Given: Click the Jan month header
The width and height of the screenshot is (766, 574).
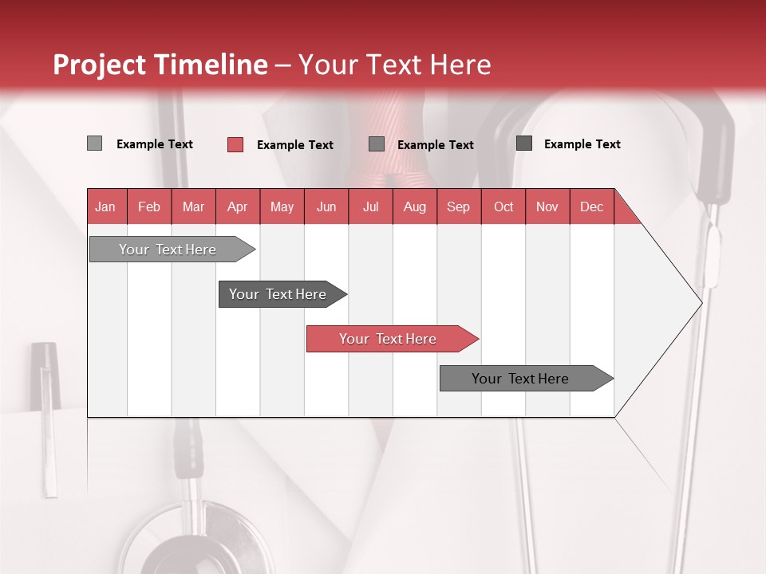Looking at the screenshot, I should (105, 206).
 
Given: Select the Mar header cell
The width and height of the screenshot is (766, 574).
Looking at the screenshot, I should (193, 206).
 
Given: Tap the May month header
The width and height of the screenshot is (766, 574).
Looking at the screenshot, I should (282, 206).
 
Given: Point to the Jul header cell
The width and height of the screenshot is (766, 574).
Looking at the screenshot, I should (370, 206).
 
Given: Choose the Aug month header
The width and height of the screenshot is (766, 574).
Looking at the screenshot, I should (414, 206).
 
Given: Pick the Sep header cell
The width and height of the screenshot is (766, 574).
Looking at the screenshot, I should (458, 206).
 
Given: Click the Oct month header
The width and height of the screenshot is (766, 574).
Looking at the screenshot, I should (503, 206).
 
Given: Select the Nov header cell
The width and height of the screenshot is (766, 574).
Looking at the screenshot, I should (547, 206).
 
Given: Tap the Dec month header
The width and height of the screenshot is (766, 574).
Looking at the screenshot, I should (591, 206).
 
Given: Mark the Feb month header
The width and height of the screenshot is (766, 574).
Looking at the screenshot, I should (149, 206).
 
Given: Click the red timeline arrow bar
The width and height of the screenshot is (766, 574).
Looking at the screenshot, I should (391, 339).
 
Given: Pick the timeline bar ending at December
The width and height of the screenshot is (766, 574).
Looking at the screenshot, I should (524, 379).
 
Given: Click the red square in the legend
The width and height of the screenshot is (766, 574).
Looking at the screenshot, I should (235, 144).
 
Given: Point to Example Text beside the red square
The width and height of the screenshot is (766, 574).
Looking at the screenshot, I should (294, 145).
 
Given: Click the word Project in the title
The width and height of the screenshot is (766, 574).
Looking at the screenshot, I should (101, 65).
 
